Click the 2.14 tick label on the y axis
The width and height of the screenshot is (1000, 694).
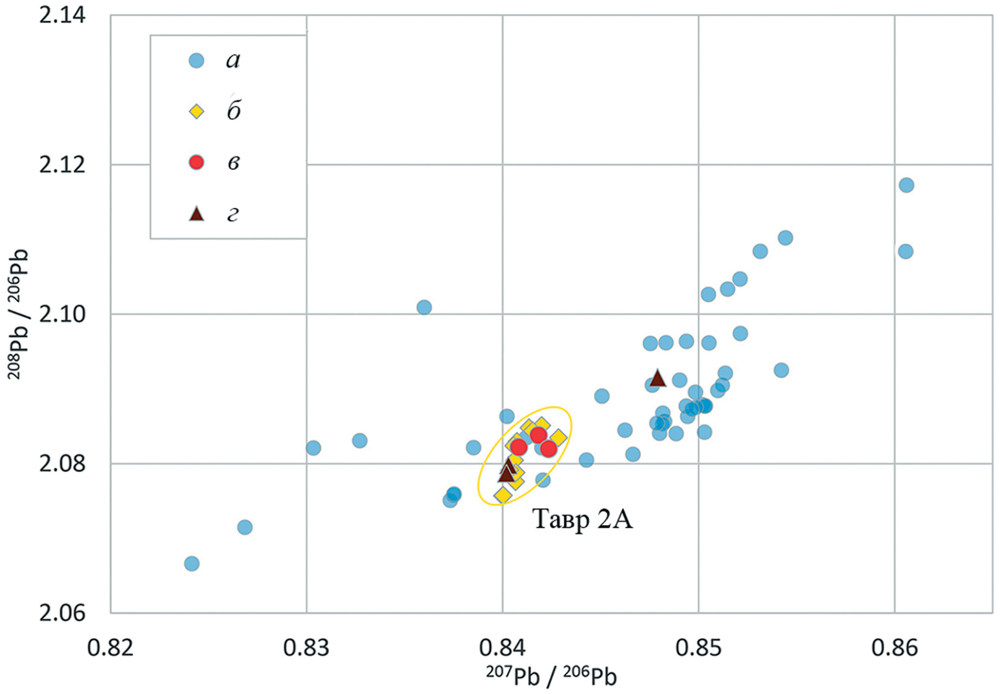tap(62, 15)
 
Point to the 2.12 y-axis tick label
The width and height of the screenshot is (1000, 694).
tap(62, 164)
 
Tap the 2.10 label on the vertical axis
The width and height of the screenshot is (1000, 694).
tap(62, 314)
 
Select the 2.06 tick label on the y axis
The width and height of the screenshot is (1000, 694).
tap(62, 613)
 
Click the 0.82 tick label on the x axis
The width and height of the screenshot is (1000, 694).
tap(111, 647)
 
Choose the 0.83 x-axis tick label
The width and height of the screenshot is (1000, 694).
tap(307, 647)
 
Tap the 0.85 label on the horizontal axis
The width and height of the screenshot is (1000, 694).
tap(698, 647)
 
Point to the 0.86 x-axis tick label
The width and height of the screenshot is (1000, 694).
tap(894, 647)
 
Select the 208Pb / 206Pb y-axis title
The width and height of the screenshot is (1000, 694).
tap(18, 314)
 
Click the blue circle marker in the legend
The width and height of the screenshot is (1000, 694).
tap(196, 60)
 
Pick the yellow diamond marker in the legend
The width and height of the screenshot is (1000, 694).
tap(196, 111)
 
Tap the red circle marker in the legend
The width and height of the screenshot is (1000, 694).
tap(196, 162)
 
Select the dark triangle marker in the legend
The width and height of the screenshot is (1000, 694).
tap(196, 213)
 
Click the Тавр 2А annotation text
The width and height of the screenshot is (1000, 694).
tap(582, 519)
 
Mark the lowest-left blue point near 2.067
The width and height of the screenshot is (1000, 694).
tap(192, 563)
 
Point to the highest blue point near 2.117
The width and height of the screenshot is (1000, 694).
tap(906, 185)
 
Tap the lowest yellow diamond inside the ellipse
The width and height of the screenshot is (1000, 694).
tap(503, 496)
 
